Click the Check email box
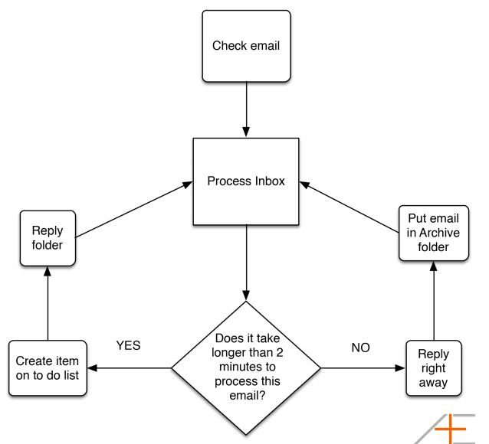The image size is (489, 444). click(x=246, y=46)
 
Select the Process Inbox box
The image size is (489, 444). click(x=246, y=181)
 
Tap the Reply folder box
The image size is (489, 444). click(x=48, y=238)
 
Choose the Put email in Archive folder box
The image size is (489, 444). click(x=434, y=233)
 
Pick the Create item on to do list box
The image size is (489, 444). click(x=48, y=368)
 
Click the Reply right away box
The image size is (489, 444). click(x=434, y=368)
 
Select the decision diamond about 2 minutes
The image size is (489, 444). click(x=246, y=368)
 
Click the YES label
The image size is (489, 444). click(x=128, y=345)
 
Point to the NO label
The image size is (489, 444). click(x=360, y=348)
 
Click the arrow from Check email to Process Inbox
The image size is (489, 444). click(x=246, y=109)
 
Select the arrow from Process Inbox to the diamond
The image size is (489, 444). click(x=246, y=263)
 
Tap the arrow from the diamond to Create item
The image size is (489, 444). click(x=130, y=368)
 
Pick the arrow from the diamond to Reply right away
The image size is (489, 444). click(x=363, y=368)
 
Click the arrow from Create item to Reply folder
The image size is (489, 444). click(x=48, y=303)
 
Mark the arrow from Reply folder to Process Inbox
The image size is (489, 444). click(x=134, y=210)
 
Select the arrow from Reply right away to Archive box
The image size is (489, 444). click(x=434, y=301)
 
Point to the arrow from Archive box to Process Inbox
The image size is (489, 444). click(x=350, y=207)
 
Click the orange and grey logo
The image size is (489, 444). click(x=446, y=429)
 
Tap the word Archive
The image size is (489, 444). click(x=440, y=233)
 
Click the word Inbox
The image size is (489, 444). click(x=270, y=181)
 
